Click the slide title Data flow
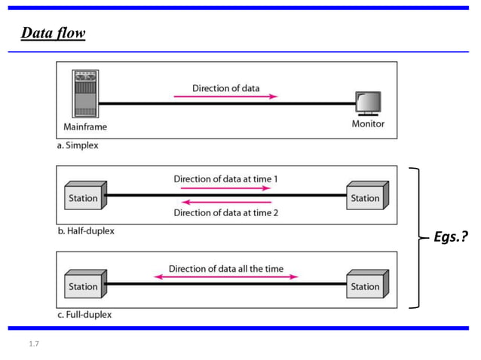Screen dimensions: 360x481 (53, 33)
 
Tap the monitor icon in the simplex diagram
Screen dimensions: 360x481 (368, 103)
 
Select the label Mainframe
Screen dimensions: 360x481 (84, 127)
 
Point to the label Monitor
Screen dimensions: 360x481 (368, 124)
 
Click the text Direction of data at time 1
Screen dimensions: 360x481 (225, 179)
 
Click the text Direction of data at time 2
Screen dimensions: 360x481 (225, 212)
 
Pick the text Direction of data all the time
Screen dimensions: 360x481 (225, 268)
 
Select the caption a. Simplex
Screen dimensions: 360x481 (78, 145)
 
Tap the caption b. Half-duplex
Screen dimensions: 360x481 (86, 231)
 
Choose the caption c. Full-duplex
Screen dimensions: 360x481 (84, 314)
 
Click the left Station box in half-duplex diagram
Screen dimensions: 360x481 (84, 197)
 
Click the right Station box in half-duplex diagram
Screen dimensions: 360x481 (366, 197)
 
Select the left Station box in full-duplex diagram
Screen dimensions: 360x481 (84, 285)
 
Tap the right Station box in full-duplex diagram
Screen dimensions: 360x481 (366, 285)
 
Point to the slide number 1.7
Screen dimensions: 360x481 (33, 344)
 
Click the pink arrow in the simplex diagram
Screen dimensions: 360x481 (225, 96)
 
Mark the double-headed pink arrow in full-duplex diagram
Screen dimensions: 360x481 (225, 277)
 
